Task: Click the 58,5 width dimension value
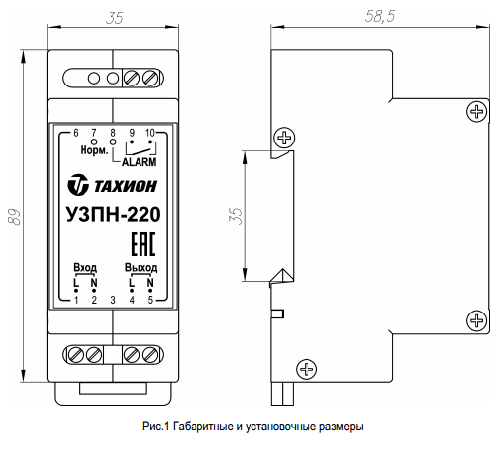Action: pyautogui.click(x=380, y=16)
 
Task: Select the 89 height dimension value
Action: pyautogui.click(x=15, y=217)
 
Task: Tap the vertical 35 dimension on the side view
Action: pyautogui.click(x=236, y=216)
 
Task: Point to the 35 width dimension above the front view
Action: pyautogui.click(x=115, y=18)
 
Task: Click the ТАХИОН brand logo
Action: pyautogui.click(x=112, y=185)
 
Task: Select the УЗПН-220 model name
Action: pyautogui.click(x=113, y=215)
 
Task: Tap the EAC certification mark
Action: pyautogui.click(x=143, y=244)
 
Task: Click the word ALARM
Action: pyautogui.click(x=140, y=162)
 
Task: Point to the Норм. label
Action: pyautogui.click(x=94, y=150)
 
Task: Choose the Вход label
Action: pyautogui.click(x=85, y=267)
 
